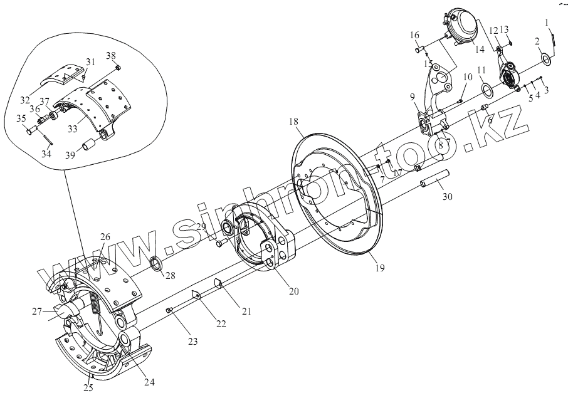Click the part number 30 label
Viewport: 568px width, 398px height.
(446, 197)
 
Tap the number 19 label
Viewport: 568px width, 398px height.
(381, 268)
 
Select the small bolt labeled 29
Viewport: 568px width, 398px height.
(219, 242)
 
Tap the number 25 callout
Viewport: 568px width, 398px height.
(88, 388)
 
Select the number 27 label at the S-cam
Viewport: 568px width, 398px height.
(37, 311)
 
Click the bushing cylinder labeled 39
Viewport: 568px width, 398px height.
(87, 147)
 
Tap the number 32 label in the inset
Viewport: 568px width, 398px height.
(25, 99)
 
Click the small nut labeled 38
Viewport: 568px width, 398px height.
(120, 67)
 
